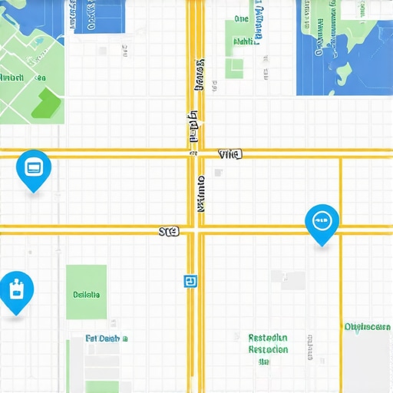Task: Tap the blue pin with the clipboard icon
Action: pyautogui.click(x=15, y=290)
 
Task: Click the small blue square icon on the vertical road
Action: pyautogui.click(x=189, y=282)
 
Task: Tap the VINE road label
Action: pyautogui.click(x=230, y=154)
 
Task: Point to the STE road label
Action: pyautogui.click(x=168, y=230)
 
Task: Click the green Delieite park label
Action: pyautogui.click(x=86, y=294)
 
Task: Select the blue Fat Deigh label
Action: pyautogui.click(x=106, y=338)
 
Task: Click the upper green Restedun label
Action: pyautogui.click(x=268, y=338)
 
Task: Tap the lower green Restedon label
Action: pyautogui.click(x=268, y=350)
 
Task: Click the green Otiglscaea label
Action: pyautogui.click(x=367, y=327)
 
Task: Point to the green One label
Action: pyautogui.click(x=241, y=18)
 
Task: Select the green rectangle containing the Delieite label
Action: pyautogui.click(x=86, y=292)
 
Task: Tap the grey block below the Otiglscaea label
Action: pyautogui.click(x=367, y=365)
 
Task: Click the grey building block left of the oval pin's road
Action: pyautogui.click(x=292, y=280)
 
